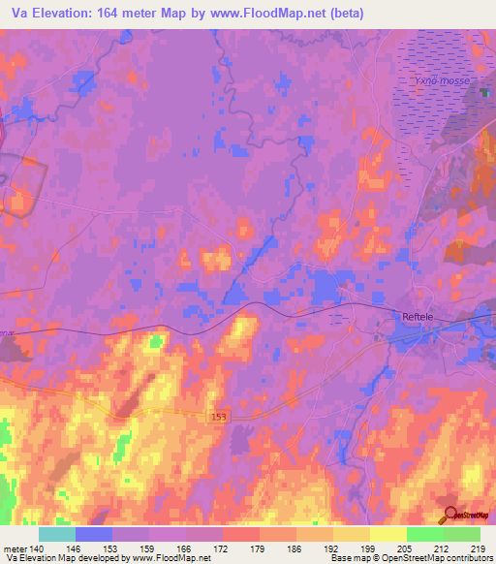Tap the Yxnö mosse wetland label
tap(441, 82)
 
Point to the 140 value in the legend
tap(38, 548)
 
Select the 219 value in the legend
tap(480, 548)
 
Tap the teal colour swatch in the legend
tap(57, 534)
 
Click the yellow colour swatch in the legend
tap(387, 534)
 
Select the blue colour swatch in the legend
tap(94, 534)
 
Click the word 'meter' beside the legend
tap(15, 548)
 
